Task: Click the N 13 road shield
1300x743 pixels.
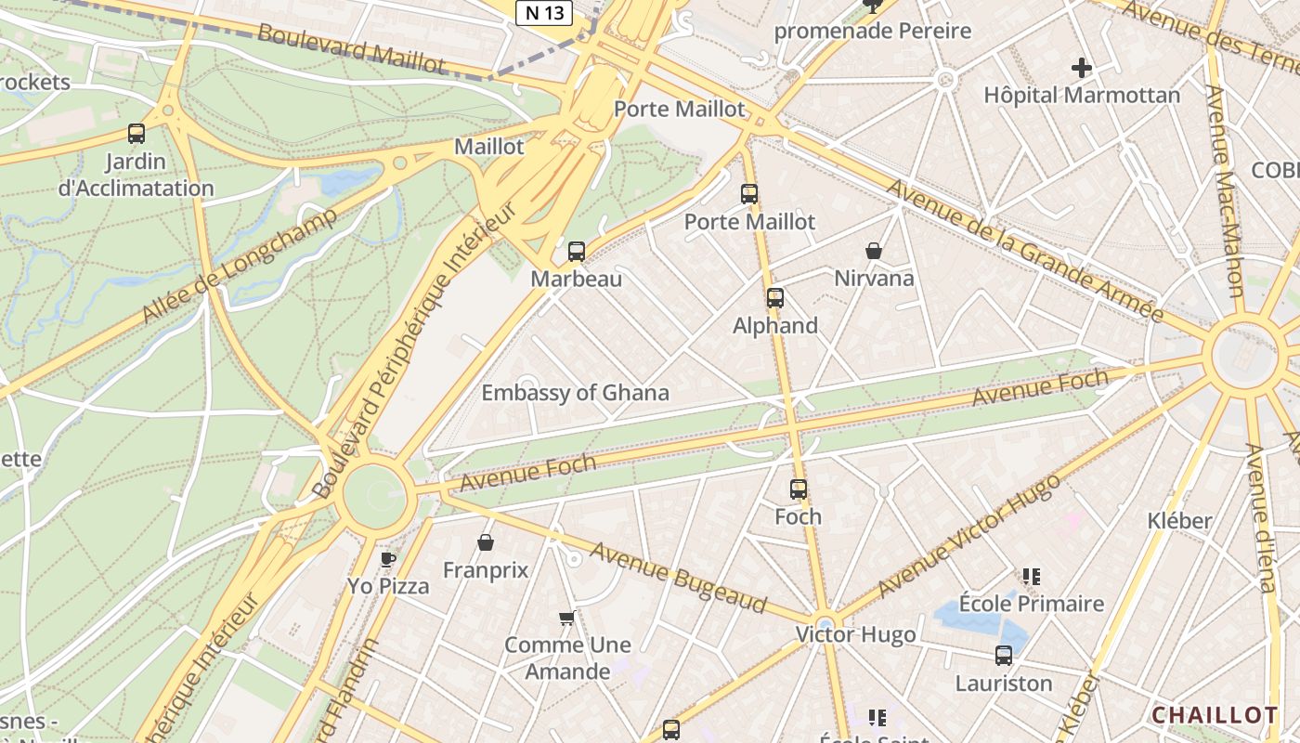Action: tap(544, 12)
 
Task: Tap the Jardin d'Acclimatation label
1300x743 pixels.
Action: tap(136, 175)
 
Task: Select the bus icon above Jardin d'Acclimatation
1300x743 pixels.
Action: tap(136, 134)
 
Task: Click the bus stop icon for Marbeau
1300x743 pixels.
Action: tap(577, 252)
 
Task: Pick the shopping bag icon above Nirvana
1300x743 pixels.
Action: tap(874, 251)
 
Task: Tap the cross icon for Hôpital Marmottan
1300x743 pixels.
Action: tap(1081, 68)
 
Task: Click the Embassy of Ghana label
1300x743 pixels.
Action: tap(575, 393)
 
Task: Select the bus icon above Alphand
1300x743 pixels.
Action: tap(774, 299)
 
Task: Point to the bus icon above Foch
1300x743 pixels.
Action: tap(799, 489)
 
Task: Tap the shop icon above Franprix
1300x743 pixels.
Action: tap(485, 542)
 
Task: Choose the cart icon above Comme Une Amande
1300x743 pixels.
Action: tap(567, 618)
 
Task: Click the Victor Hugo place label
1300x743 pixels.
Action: tap(855, 635)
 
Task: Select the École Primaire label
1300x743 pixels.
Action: tap(1032, 604)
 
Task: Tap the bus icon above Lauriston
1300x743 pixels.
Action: tap(1004, 656)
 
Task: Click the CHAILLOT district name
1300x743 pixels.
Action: tap(1215, 715)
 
